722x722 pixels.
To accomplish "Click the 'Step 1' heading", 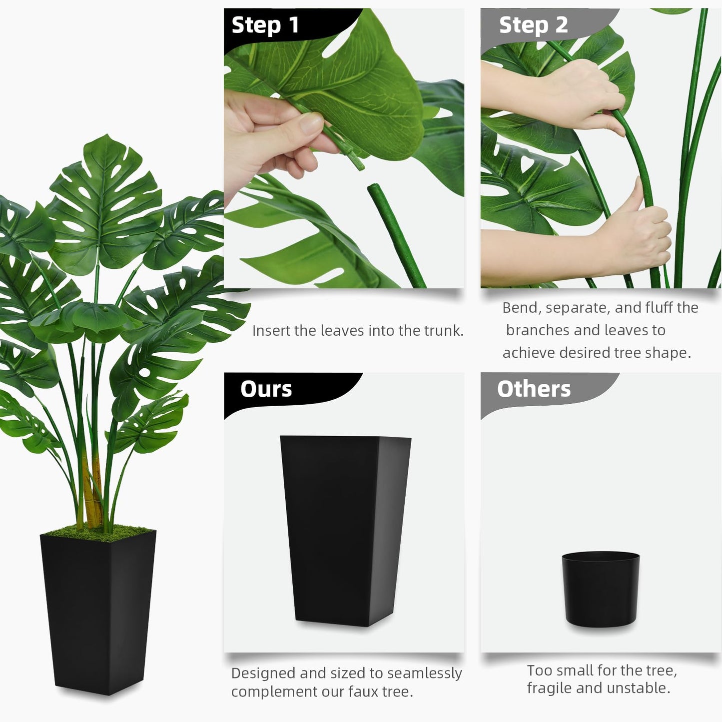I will [x=265, y=25].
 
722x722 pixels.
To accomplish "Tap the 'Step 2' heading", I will [x=533, y=25].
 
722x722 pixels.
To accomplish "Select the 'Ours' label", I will [x=266, y=389].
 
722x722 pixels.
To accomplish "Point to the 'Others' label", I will [x=534, y=389].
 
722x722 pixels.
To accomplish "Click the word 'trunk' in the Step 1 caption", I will [x=443, y=331].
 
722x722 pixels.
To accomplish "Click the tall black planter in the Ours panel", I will [x=345, y=530].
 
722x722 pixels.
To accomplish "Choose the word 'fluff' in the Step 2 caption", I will [x=659, y=308].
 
